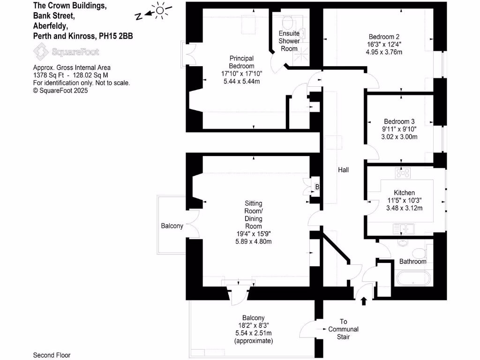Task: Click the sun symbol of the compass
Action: pyautogui.click(x=160, y=10)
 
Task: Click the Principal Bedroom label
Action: pyautogui.click(x=241, y=62)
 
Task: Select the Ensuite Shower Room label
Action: pyautogui.click(x=289, y=41)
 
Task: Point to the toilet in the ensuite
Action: pyautogui.click(x=288, y=22)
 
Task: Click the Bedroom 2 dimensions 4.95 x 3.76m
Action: pyautogui.click(x=384, y=52)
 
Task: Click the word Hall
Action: pyautogui.click(x=343, y=170)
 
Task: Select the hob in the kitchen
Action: pyautogui.click(x=403, y=173)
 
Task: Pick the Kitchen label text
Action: pyautogui.click(x=404, y=193)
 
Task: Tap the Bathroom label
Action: pyautogui.click(x=412, y=262)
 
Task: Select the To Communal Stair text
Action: pyautogui.click(x=343, y=329)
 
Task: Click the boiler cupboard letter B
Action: pyautogui.click(x=317, y=187)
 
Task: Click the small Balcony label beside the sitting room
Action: pyautogui.click(x=172, y=226)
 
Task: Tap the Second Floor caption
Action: pyautogui.click(x=52, y=355)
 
